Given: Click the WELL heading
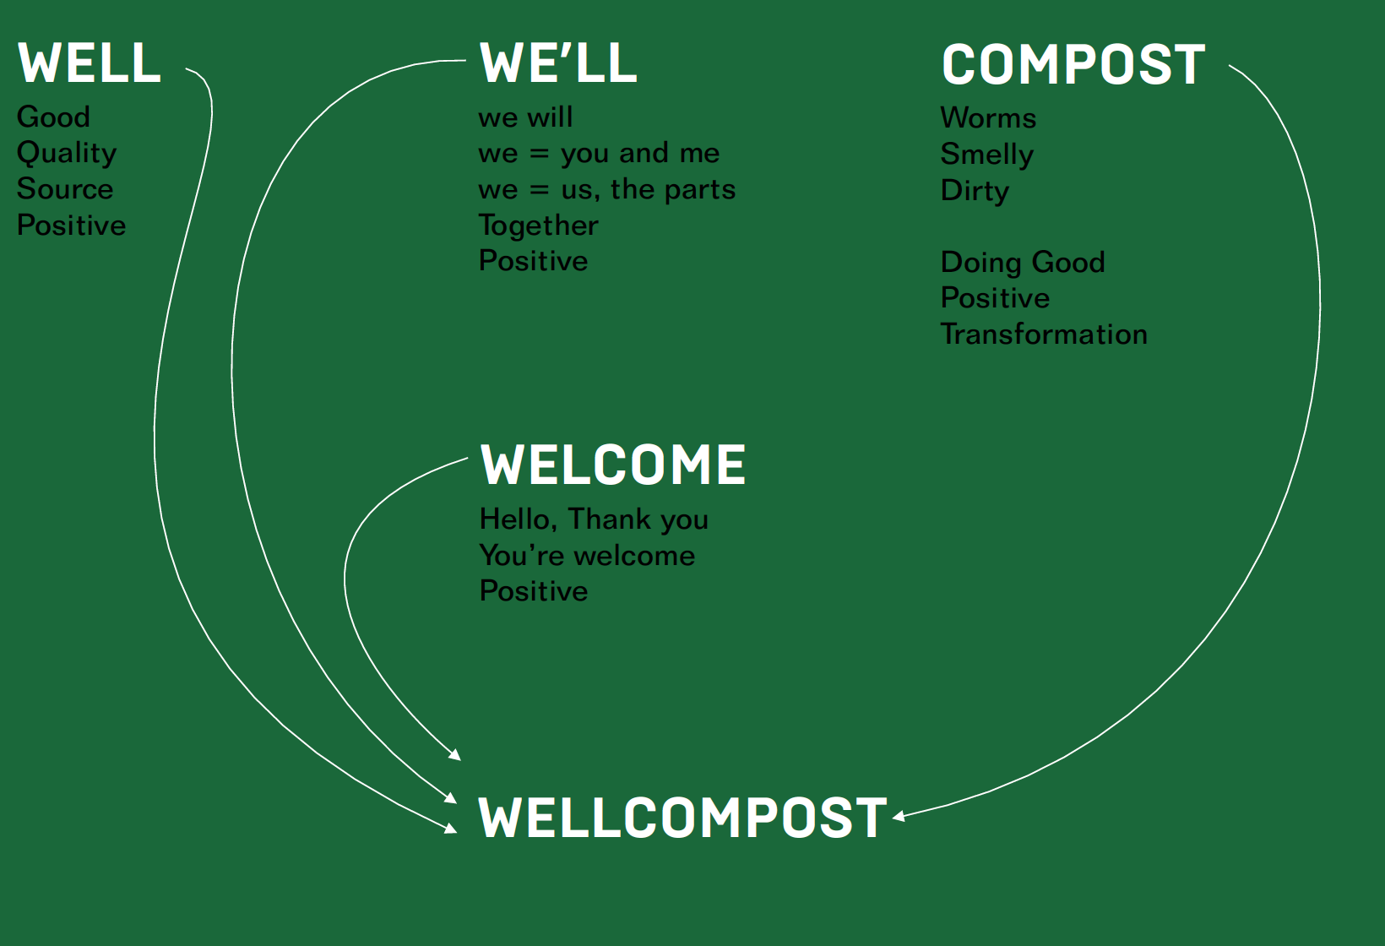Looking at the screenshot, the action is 90,63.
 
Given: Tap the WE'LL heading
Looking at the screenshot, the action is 558,63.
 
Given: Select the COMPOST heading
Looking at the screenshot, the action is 1073,65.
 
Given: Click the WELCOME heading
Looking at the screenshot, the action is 613,465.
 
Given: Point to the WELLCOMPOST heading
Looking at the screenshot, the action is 682,818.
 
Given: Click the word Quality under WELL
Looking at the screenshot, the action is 67,153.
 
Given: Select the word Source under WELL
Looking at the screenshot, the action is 65,188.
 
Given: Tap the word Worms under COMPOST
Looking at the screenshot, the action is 988,117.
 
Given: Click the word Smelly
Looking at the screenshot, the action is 987,155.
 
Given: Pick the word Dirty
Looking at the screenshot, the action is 975,191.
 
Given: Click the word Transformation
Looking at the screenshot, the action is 1044,334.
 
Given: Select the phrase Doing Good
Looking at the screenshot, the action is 1023,262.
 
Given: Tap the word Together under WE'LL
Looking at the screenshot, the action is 539,226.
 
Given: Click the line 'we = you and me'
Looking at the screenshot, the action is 599,153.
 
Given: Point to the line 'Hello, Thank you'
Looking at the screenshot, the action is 594,519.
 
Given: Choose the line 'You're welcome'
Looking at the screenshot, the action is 587,555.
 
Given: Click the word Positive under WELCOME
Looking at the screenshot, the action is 534,590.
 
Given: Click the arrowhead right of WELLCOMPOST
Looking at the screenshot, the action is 899,816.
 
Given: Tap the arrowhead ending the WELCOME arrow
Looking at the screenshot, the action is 455,755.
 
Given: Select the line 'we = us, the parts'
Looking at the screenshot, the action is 606,189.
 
